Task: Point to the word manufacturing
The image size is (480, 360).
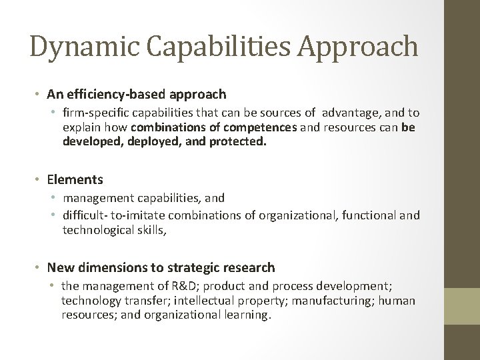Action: click(x=337, y=300)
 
